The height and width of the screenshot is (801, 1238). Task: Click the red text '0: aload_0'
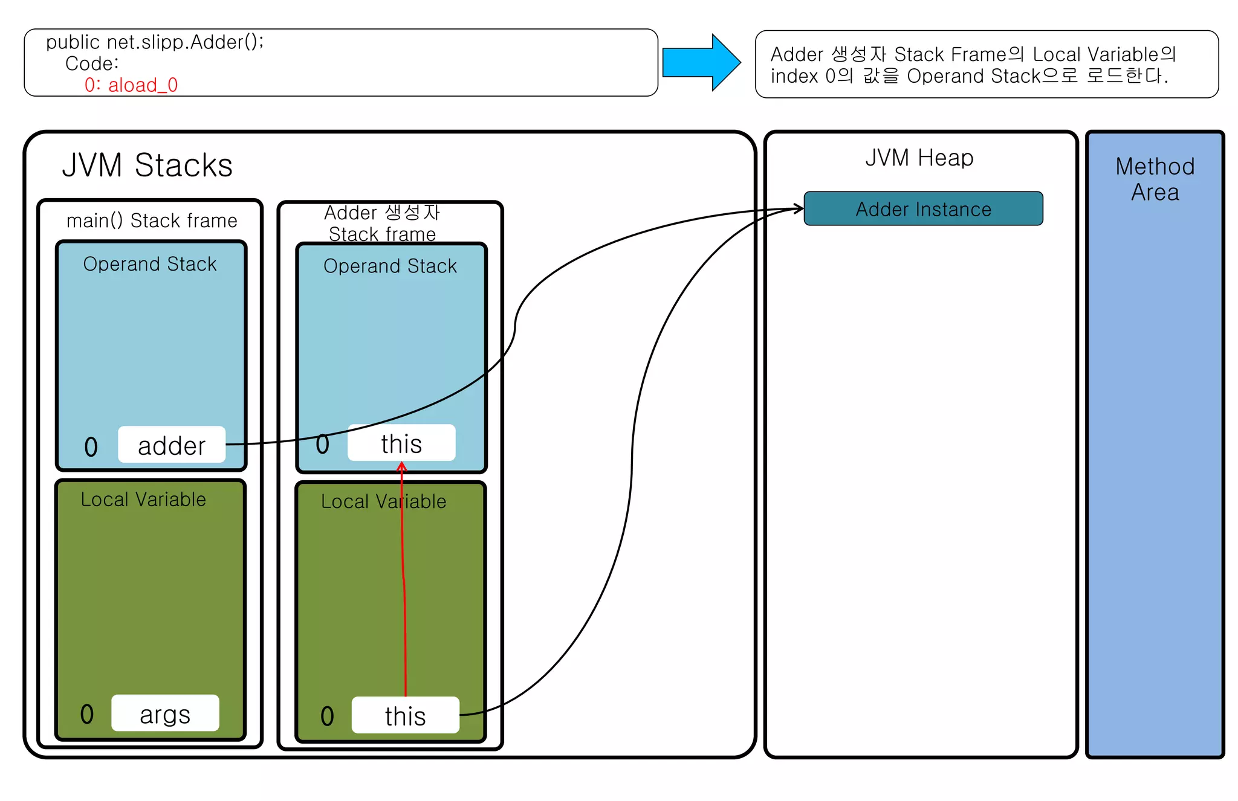(131, 85)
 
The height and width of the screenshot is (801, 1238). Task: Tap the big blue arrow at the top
(701, 63)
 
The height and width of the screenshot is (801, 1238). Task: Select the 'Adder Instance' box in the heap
(923, 209)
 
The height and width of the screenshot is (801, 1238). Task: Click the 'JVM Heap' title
(919, 158)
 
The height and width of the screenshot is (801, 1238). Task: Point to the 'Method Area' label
(1155, 179)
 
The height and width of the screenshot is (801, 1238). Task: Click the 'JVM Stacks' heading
(147, 166)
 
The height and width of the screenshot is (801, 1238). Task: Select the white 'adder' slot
(172, 446)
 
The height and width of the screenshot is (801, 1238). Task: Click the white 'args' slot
(165, 714)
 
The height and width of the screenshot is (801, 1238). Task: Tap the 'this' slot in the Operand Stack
(401, 444)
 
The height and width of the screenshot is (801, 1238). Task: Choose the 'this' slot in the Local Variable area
(405, 716)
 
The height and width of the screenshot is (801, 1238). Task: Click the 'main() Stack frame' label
(152, 221)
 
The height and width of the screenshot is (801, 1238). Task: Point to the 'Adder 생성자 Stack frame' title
(382, 224)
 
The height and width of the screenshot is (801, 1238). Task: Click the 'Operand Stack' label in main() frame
(150, 265)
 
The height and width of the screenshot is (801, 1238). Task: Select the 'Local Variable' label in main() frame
(143, 500)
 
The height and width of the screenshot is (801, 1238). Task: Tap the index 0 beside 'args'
(87, 715)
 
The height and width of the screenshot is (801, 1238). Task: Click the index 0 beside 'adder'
(91, 448)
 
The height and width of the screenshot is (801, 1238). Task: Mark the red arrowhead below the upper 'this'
(402, 466)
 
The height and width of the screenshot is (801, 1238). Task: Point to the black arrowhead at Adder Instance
(799, 208)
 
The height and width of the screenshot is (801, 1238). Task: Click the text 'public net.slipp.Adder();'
(155, 42)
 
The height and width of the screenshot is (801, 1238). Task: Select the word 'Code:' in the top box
(92, 64)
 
